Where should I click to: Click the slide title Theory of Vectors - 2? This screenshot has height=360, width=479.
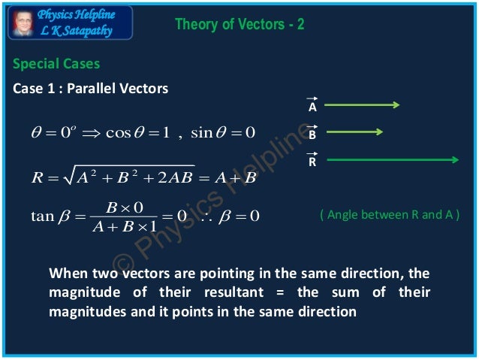click(239, 25)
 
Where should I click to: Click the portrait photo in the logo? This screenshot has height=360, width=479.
click(23, 23)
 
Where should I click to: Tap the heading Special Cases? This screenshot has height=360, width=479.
click(56, 64)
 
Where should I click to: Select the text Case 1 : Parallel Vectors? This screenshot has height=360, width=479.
click(90, 89)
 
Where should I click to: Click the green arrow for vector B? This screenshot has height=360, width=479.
click(354, 132)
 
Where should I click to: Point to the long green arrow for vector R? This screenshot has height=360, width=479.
click(392, 159)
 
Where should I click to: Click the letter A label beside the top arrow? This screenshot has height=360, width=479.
click(312, 107)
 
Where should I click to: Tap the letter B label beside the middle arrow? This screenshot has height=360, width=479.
click(312, 135)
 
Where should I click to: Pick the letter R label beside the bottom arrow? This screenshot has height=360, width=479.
click(312, 162)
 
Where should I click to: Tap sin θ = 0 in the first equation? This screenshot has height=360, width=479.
click(224, 133)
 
